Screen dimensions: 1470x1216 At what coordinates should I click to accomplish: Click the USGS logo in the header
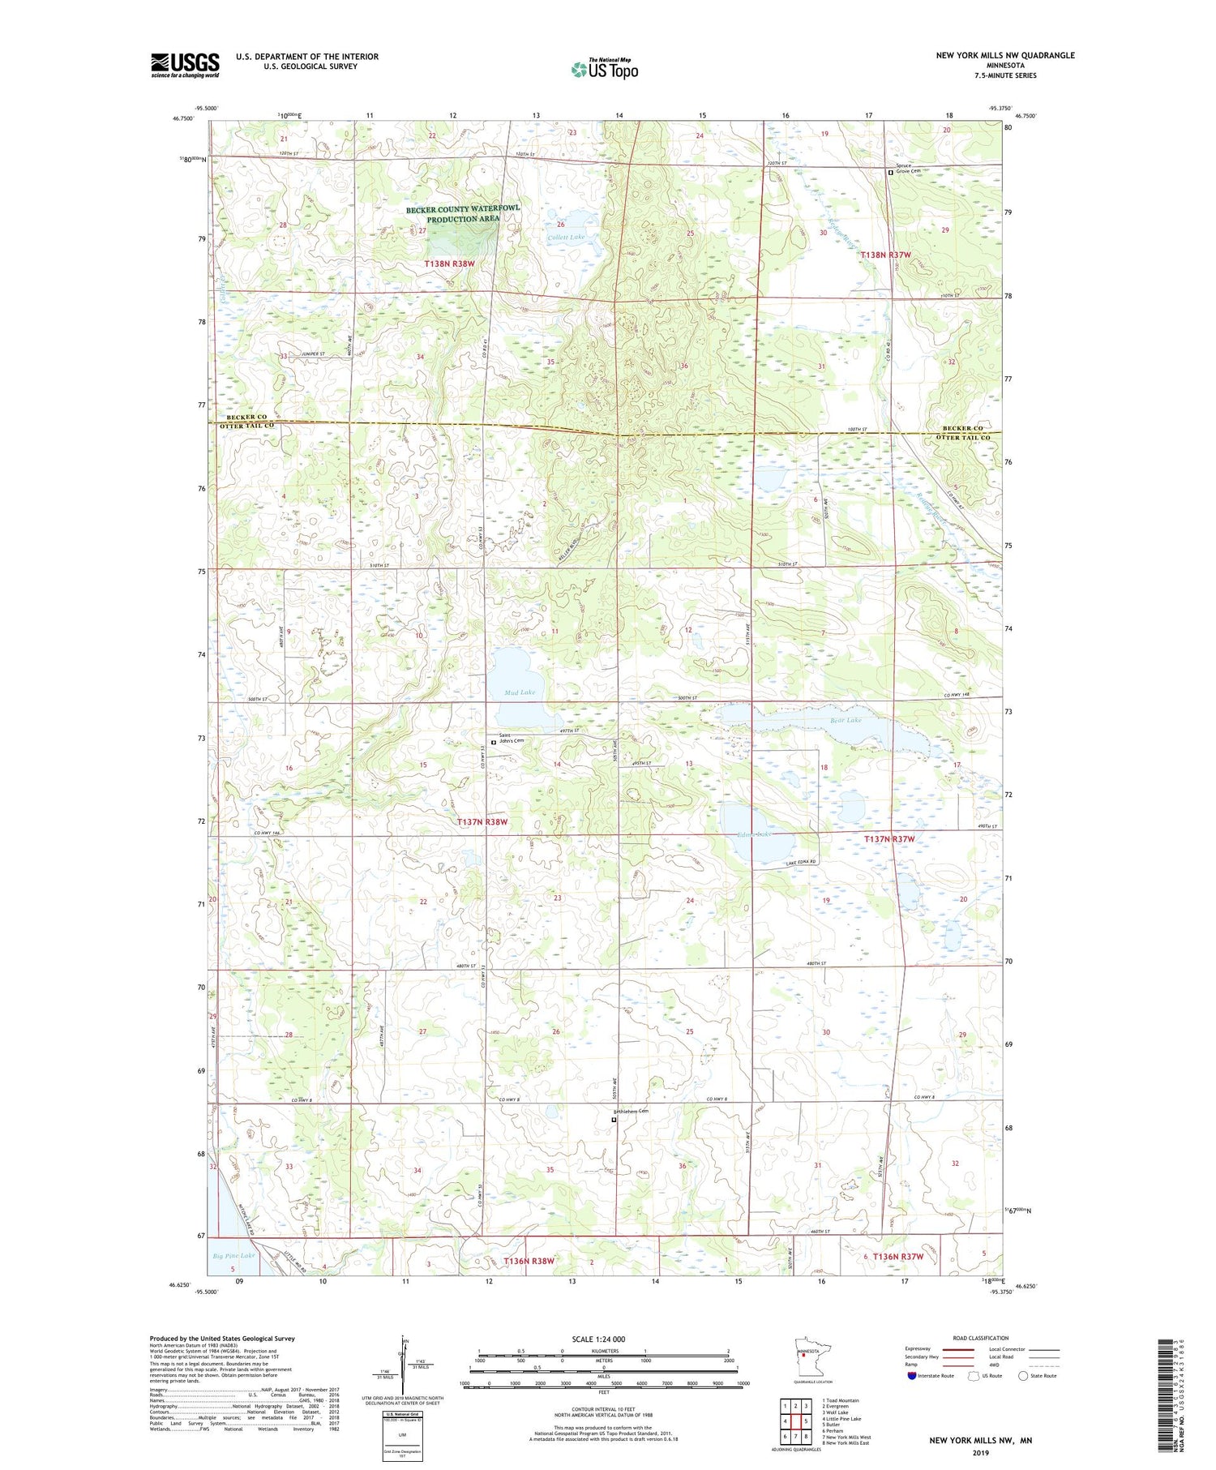[185, 65]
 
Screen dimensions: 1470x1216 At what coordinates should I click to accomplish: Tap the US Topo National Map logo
[604, 69]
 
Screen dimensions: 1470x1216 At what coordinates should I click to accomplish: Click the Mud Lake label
[519, 692]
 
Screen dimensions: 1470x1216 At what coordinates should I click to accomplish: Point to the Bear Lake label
[846, 720]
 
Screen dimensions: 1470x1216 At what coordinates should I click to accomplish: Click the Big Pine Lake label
[233, 1256]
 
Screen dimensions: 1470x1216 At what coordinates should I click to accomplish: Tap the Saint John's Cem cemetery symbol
[494, 741]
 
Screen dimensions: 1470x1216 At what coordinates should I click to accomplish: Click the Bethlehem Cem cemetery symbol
[614, 1120]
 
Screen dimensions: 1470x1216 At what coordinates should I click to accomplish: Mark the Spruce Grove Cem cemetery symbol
[890, 172]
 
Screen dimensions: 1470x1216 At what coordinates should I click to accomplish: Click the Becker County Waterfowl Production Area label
[463, 214]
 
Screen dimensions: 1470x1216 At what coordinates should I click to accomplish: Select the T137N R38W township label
[482, 822]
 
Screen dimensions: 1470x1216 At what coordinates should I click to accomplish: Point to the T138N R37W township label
[886, 255]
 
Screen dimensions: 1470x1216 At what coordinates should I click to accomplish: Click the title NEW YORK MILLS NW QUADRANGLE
[1005, 55]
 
